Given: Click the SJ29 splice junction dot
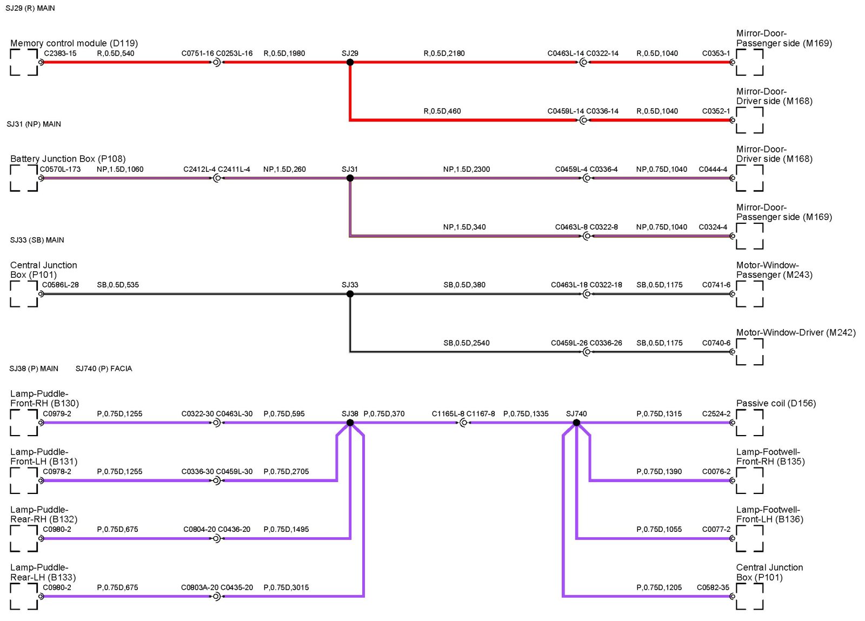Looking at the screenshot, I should pyautogui.click(x=350, y=62).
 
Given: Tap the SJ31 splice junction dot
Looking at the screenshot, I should pyautogui.click(x=350, y=178).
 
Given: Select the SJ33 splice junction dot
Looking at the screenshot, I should pyautogui.click(x=350, y=294).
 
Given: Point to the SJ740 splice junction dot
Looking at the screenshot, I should pyautogui.click(x=576, y=423).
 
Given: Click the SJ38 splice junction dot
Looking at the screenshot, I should pyautogui.click(x=350, y=423).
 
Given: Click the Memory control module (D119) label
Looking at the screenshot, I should pyautogui.click(x=74, y=43).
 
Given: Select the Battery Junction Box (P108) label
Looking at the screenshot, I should pyautogui.click(x=68, y=159).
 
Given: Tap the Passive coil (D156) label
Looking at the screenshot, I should pyautogui.click(x=776, y=403).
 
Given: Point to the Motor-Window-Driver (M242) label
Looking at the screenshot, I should pyautogui.click(x=796, y=332).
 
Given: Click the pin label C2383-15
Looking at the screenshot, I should pyautogui.click(x=60, y=54).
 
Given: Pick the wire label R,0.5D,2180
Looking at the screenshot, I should pyautogui.click(x=444, y=54).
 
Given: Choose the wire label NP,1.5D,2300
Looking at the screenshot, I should pyautogui.click(x=467, y=169).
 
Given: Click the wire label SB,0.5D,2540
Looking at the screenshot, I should pyautogui.click(x=467, y=343).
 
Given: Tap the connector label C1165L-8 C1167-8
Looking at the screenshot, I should pyautogui.click(x=463, y=414).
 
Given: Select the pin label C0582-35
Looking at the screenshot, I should pyautogui.click(x=713, y=587).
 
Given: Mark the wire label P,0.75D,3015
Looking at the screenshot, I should pyautogui.click(x=286, y=587).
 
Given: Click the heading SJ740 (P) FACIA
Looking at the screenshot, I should pyautogui.click(x=104, y=369).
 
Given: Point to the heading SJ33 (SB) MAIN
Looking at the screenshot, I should pyautogui.click(x=37, y=240).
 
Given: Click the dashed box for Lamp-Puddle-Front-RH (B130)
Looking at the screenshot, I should pyautogui.click(x=24, y=423).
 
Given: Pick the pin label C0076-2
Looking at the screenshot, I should pyautogui.click(x=716, y=472).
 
